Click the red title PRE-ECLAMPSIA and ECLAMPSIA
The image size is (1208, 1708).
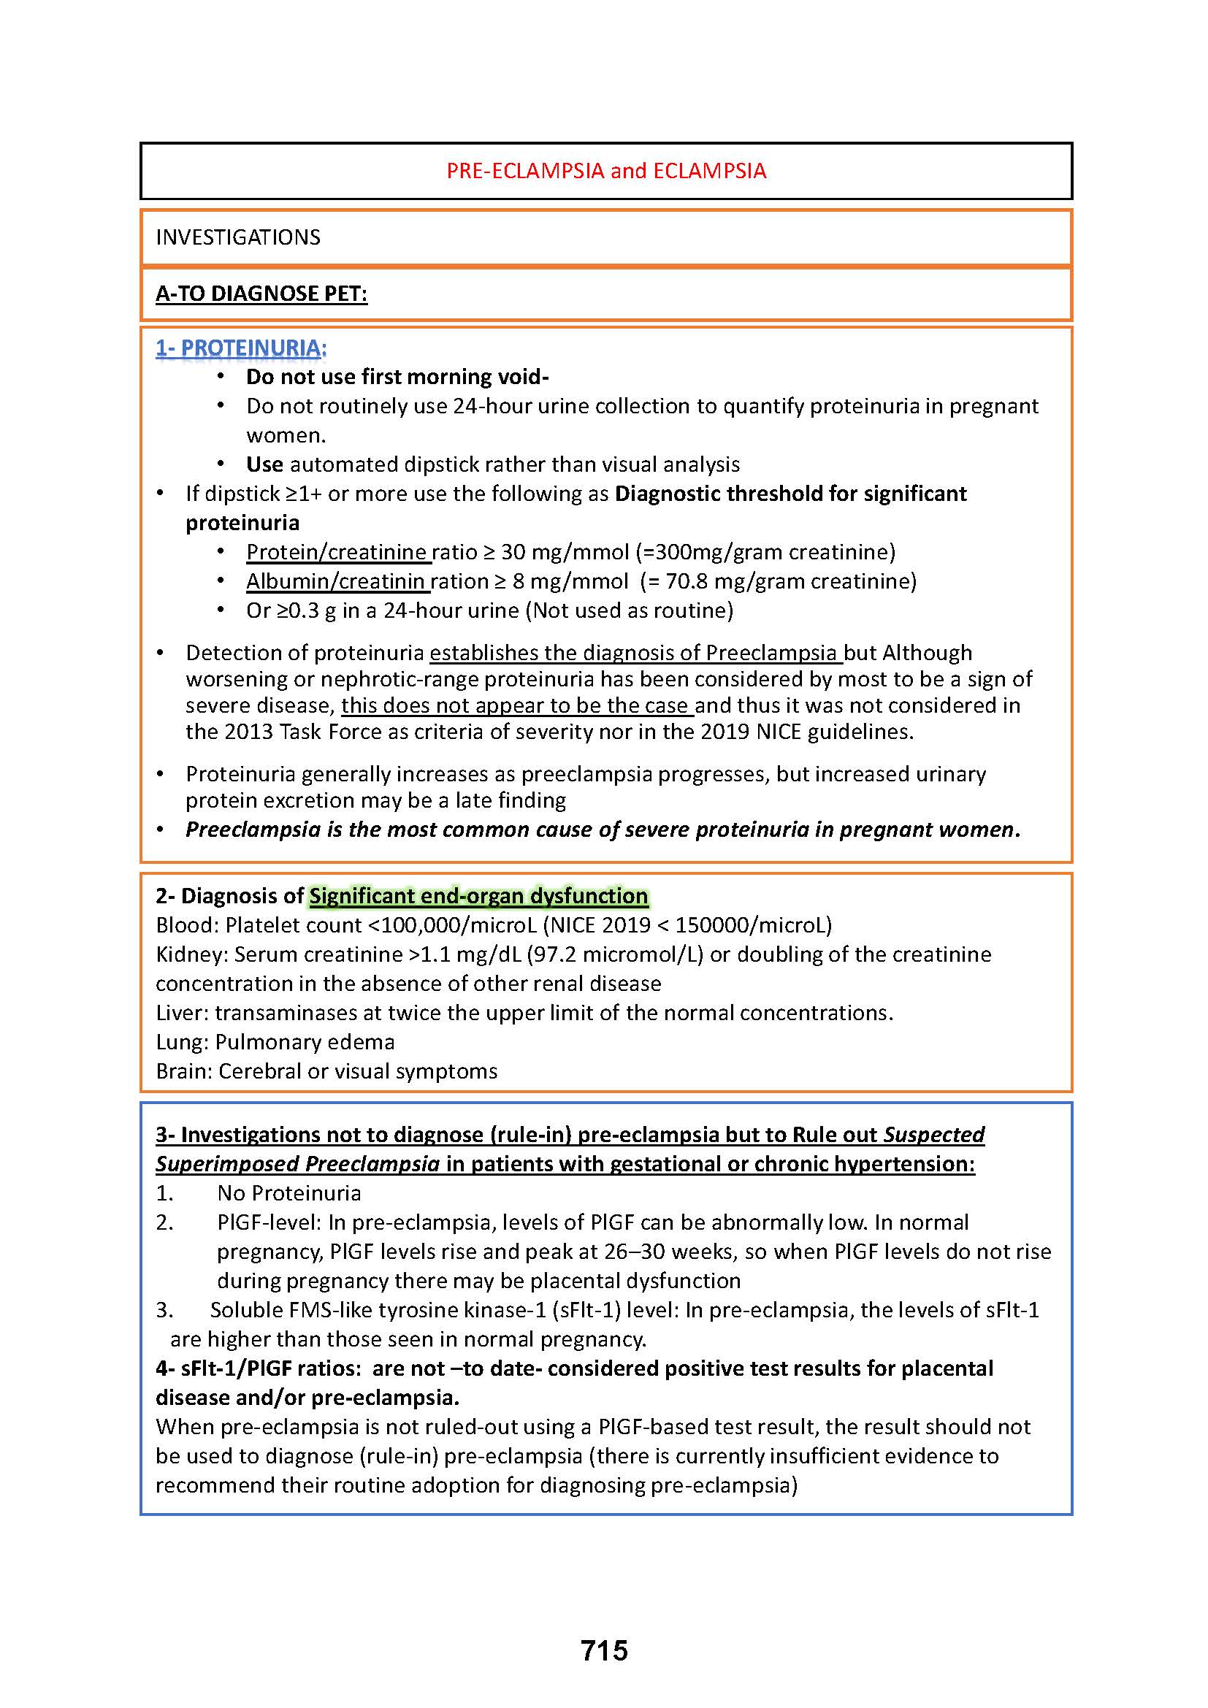(605, 171)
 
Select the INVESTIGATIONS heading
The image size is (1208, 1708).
(238, 237)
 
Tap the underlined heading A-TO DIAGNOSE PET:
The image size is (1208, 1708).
(261, 294)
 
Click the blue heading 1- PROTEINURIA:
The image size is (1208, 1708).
(241, 348)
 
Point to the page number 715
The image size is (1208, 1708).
(604, 1651)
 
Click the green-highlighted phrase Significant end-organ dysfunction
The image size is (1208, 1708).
(479, 896)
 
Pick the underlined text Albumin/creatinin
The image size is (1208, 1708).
(336, 581)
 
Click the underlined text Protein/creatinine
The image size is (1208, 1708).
(337, 552)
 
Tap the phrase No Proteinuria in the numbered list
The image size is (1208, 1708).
(288, 1193)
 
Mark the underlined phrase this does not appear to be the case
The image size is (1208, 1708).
(516, 705)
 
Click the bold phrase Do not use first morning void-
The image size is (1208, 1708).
(397, 377)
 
